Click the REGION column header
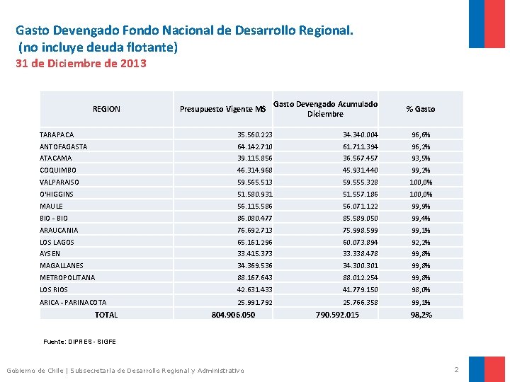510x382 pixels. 106,109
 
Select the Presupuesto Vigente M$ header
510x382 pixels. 222,109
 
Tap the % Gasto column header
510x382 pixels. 421,109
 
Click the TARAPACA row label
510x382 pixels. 57,134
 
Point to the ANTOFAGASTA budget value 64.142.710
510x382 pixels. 255,146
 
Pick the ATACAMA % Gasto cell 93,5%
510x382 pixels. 421,158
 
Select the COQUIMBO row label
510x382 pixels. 58,170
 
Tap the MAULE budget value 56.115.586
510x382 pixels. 255,206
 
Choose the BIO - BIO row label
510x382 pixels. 55,218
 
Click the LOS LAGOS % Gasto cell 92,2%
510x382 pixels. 421,242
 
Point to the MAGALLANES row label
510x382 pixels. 62,265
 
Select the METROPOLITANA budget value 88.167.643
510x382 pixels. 255,277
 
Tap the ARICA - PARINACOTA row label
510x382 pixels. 73,302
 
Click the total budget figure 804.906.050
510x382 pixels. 234,315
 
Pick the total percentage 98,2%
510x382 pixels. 421,315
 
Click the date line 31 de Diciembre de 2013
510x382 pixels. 81,64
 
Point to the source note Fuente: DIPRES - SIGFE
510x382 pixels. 79,342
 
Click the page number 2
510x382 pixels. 456,370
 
